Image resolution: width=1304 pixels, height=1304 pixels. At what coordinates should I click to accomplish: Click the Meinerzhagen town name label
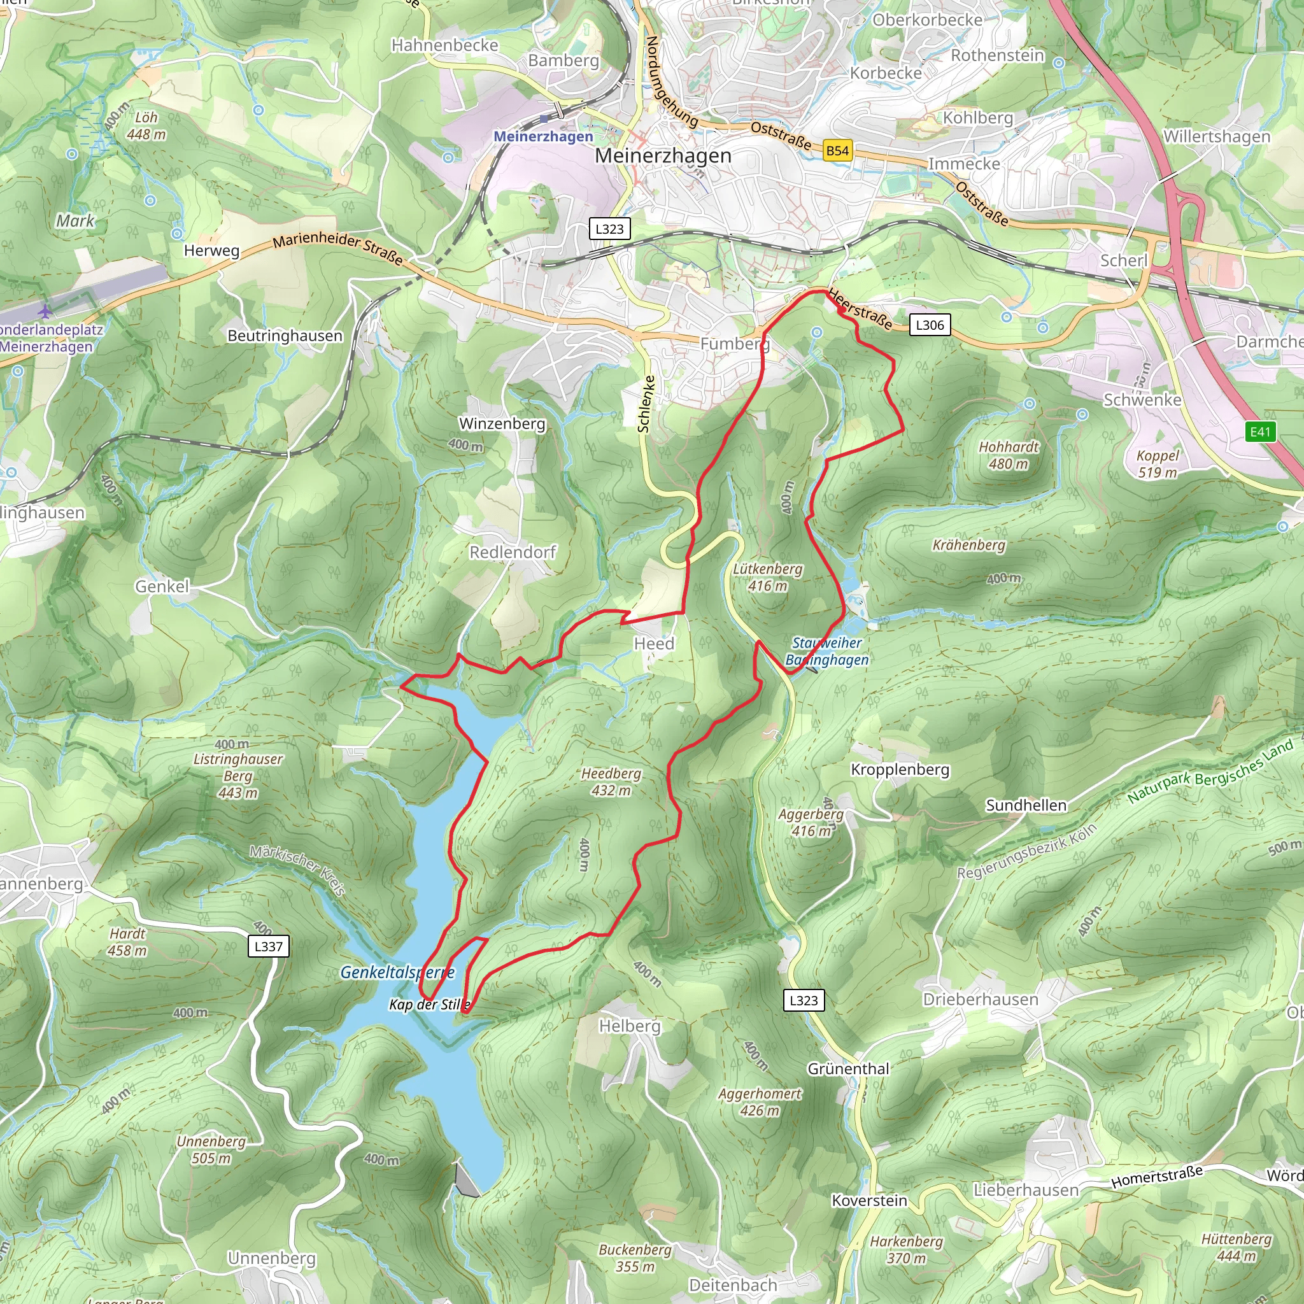point(663,156)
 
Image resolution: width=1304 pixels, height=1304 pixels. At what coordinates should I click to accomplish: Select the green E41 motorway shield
point(1260,432)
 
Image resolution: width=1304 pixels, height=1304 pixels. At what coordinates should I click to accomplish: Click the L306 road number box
point(930,325)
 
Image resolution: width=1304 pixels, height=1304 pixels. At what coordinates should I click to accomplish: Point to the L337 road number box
point(268,946)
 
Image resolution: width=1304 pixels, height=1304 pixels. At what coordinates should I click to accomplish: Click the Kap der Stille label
point(429,1004)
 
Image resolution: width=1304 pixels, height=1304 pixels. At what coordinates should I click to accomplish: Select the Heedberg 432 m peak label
point(611,782)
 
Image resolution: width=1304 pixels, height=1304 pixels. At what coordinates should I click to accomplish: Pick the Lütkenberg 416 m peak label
point(767,577)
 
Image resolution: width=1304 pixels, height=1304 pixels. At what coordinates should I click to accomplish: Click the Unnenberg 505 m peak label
point(211,1149)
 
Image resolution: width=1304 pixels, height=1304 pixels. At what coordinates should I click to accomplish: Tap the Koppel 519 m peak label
point(1158,464)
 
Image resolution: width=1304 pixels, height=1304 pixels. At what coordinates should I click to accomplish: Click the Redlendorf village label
point(513,552)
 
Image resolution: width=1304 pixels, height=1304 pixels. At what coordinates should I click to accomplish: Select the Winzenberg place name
point(502,423)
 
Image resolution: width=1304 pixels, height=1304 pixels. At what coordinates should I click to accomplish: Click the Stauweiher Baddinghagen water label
point(827,651)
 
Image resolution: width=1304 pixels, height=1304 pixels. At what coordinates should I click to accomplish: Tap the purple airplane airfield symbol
point(45,311)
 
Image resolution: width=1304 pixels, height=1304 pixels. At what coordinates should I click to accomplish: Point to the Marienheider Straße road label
point(337,248)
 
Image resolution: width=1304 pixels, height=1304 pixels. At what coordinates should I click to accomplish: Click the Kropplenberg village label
point(900,769)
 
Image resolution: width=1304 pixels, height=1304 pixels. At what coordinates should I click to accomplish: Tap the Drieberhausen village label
point(980,999)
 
